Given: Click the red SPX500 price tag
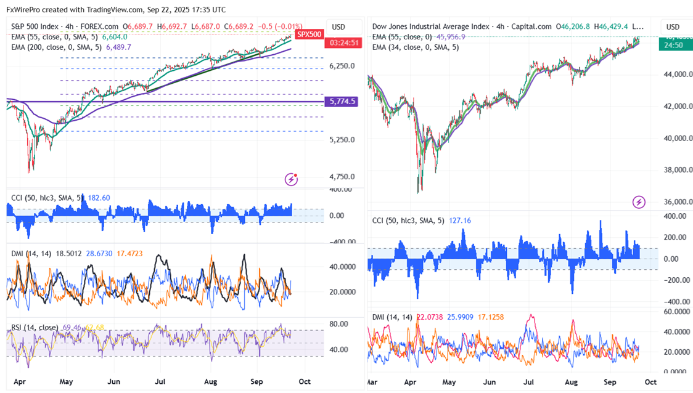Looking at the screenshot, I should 309,34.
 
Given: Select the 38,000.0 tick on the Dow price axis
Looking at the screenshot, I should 673,170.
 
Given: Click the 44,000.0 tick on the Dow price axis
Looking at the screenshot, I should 673,75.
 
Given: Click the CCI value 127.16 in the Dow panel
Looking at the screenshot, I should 457,220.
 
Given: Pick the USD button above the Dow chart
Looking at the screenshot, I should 673,27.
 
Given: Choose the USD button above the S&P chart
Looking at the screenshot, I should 338,27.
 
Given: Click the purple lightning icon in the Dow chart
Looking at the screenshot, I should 639,201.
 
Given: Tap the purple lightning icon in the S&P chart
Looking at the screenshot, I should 291,179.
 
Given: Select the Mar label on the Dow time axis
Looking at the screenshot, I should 372,382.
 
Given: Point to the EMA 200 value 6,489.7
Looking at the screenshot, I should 118,47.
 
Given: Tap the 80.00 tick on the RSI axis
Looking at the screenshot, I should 338,324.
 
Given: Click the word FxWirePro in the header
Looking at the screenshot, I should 23,10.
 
